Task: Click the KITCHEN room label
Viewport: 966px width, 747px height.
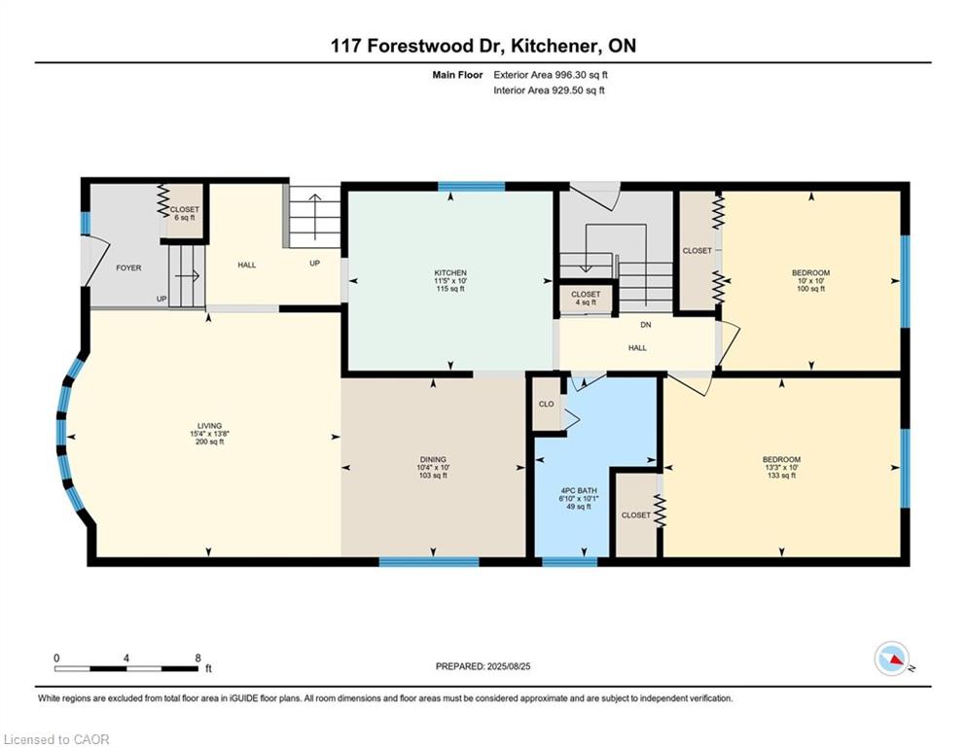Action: click(x=450, y=272)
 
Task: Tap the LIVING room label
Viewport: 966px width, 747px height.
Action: click(x=209, y=426)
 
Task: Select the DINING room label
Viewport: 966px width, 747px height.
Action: click(x=433, y=459)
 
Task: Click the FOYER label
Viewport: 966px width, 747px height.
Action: click(x=128, y=267)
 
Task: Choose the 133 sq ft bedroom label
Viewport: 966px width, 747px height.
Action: click(x=781, y=459)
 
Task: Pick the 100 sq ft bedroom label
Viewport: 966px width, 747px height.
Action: click(x=810, y=272)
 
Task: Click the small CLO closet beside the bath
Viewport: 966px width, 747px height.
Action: click(x=546, y=405)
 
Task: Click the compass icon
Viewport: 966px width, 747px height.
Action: click(x=892, y=659)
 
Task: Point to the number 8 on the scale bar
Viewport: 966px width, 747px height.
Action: click(x=198, y=658)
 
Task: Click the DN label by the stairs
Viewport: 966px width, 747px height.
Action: click(x=645, y=325)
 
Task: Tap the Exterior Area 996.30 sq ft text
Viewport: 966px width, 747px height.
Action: click(x=552, y=74)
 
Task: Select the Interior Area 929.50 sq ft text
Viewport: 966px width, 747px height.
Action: click(x=550, y=90)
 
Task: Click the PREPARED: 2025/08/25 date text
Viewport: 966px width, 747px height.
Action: click(x=483, y=666)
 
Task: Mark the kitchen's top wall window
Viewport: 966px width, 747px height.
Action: click(x=471, y=186)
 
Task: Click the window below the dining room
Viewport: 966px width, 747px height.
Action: click(x=428, y=561)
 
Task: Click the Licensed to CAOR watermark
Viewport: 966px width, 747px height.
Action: click(x=57, y=739)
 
